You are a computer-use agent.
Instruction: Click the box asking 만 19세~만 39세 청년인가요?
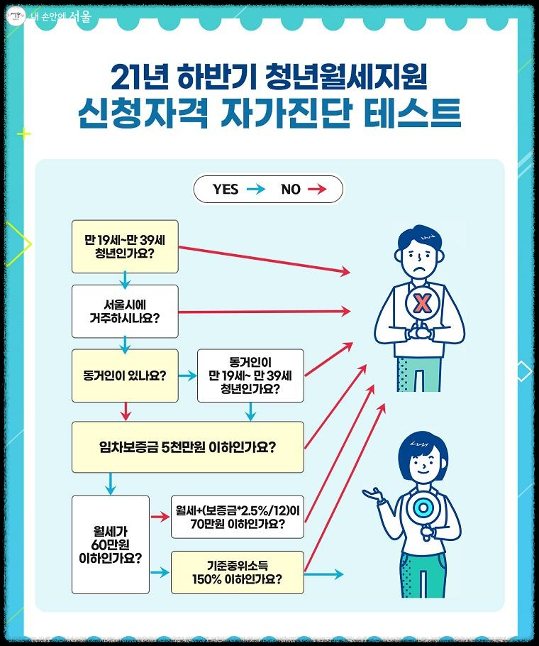tap(125, 246)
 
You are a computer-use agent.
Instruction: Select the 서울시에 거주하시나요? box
tap(125, 311)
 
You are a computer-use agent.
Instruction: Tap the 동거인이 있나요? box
tap(125, 376)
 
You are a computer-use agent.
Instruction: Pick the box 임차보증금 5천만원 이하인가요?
tap(187, 447)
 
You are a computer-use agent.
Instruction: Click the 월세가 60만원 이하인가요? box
tap(111, 544)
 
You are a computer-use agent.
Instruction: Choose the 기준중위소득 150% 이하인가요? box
tap(237, 572)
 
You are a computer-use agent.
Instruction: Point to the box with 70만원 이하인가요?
tap(237, 517)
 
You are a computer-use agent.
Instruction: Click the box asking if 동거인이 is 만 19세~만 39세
tap(250, 376)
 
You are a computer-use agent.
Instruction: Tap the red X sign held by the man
tap(422, 305)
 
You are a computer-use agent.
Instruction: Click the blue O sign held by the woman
tap(423, 508)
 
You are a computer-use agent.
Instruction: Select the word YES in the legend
tap(226, 189)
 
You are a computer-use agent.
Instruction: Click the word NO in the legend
tap(291, 189)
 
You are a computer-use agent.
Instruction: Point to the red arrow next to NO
tap(317, 189)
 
